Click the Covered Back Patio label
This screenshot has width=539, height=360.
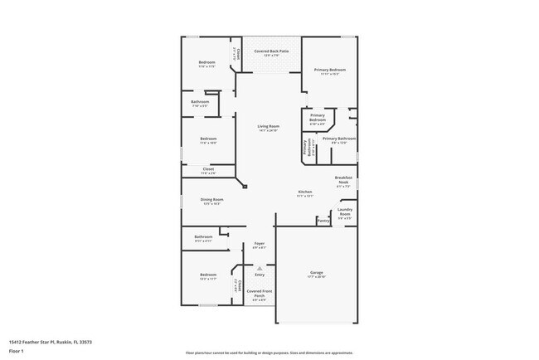[271, 51]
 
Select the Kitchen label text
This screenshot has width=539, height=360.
[305, 193]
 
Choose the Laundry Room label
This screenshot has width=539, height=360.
[344, 212]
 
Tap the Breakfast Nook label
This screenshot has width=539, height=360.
[344, 180]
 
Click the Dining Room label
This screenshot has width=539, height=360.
[212, 201]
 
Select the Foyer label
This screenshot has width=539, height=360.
[259, 245]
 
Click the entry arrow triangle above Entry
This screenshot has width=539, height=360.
[260, 267]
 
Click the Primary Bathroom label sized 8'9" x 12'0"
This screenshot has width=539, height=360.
[339, 139]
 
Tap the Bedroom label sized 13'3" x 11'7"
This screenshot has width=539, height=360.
[207, 276]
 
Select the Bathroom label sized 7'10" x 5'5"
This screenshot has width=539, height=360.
[205, 104]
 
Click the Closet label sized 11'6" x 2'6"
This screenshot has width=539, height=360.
[208, 170]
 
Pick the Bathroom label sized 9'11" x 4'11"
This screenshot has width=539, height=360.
[204, 238]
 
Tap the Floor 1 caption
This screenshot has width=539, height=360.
[17, 352]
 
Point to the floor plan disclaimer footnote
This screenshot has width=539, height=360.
[269, 353]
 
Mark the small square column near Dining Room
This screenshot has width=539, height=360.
[245, 188]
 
